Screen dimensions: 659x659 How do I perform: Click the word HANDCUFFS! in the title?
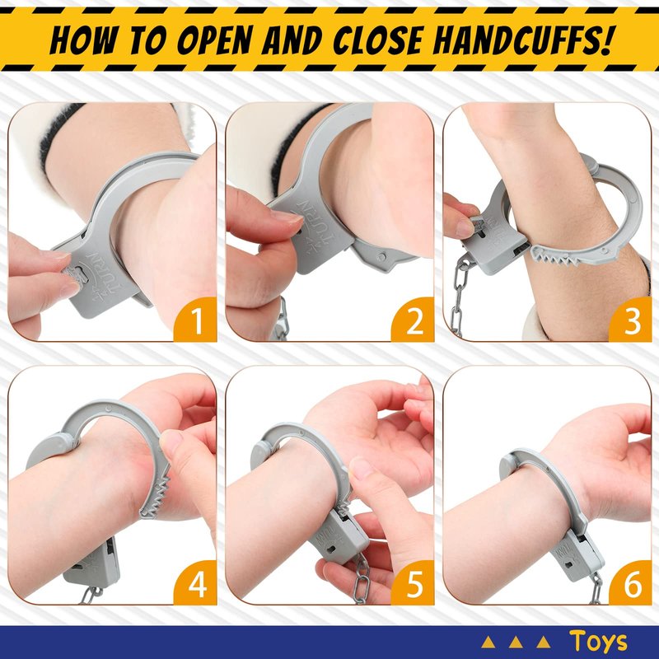[x=521, y=40]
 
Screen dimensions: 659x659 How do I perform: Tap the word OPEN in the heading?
[x=213, y=40]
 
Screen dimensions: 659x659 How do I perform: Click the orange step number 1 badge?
[x=195, y=320]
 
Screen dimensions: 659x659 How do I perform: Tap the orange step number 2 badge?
[x=414, y=320]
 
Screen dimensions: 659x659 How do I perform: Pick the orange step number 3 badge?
[x=630, y=320]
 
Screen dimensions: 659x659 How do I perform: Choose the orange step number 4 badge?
[x=195, y=583]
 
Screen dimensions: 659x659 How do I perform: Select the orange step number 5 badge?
[x=414, y=583]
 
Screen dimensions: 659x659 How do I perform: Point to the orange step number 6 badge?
[x=630, y=583]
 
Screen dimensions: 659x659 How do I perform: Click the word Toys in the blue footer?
[x=599, y=642]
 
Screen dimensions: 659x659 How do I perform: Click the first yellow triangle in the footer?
[x=488, y=643]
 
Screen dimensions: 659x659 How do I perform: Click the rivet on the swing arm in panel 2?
[x=381, y=256]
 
